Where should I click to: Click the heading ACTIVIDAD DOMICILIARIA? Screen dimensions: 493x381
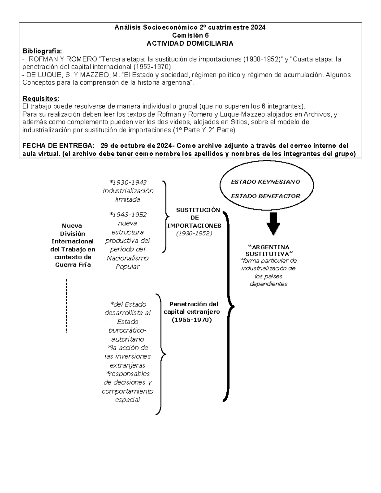(190, 43)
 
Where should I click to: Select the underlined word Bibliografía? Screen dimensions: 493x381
(42, 51)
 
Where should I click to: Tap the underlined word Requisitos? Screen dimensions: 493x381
(41, 98)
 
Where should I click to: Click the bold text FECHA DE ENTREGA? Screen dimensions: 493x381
(58, 146)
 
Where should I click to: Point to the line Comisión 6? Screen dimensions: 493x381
(190, 36)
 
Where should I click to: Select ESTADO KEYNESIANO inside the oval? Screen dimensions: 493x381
(265, 182)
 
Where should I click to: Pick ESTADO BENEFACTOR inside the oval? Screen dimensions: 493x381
(265, 196)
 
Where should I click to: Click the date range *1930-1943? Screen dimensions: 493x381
(128, 183)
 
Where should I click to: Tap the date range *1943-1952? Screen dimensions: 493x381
(128, 215)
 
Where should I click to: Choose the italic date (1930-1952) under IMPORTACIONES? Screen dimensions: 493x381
(194, 233)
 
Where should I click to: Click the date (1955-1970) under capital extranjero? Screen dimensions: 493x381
(191, 320)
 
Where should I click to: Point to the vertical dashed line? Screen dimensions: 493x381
(66, 305)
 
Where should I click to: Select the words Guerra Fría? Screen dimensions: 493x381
(73, 265)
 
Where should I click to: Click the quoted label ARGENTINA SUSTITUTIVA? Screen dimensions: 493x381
(269, 250)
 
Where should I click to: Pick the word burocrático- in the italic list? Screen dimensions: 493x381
(128, 330)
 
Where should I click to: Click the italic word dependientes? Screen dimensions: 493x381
(269, 284)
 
